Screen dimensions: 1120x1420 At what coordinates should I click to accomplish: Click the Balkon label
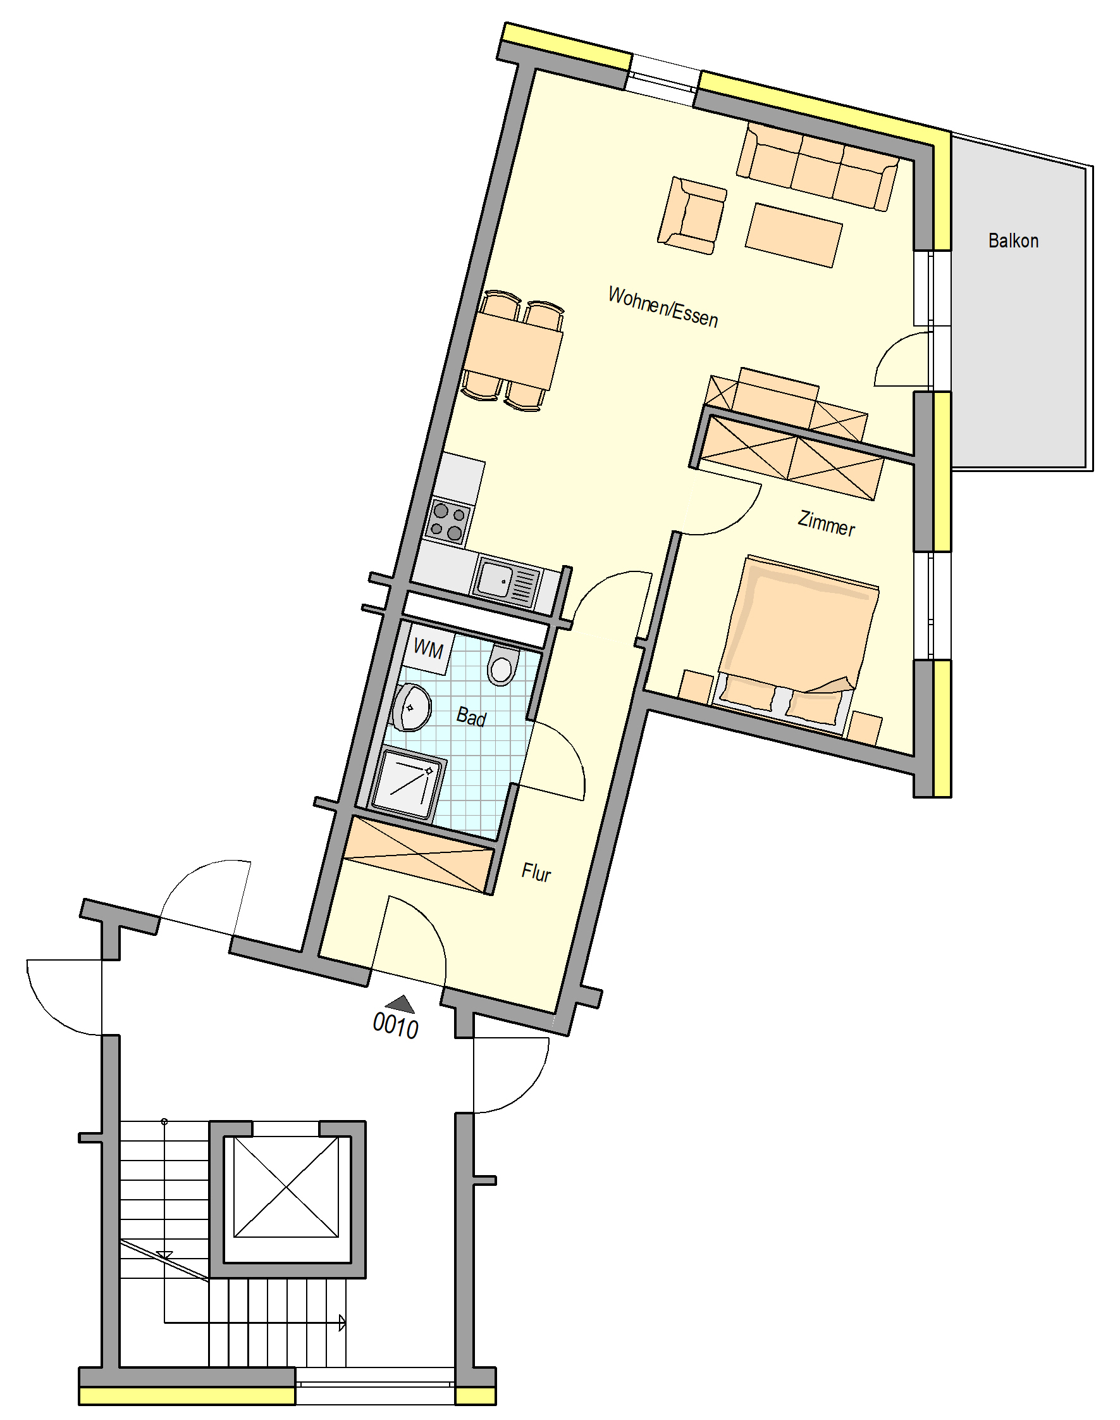[x=1013, y=241]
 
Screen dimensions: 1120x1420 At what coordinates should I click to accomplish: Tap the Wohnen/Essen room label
[x=663, y=307]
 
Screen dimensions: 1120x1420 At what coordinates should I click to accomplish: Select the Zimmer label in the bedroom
[x=826, y=524]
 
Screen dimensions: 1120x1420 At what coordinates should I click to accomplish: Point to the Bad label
[x=471, y=716]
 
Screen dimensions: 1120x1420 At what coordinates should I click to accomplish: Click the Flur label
[x=536, y=872]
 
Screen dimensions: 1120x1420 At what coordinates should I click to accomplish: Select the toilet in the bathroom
[x=503, y=663]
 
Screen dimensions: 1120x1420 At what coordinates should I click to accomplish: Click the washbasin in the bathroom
[x=411, y=707]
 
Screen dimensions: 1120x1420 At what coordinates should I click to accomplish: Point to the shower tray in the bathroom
[x=407, y=785]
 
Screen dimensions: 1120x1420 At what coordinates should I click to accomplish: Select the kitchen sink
[x=506, y=580]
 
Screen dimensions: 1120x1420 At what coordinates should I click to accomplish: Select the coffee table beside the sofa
[x=794, y=235]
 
